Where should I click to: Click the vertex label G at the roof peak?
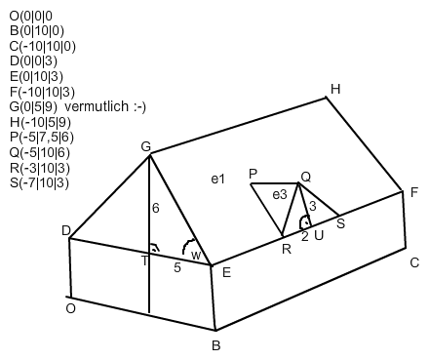[x=146, y=147]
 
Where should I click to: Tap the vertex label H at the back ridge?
[x=335, y=89]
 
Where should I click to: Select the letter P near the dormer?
[x=253, y=175]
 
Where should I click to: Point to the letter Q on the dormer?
[x=306, y=178]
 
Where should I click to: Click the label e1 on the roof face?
[x=217, y=179]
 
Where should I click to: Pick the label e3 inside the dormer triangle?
[x=280, y=195]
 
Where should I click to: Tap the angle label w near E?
[x=196, y=256]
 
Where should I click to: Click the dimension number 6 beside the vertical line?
[x=156, y=208]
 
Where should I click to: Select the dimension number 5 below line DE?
[x=177, y=267]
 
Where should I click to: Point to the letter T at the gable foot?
[x=144, y=260]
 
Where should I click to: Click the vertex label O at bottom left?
[x=70, y=308]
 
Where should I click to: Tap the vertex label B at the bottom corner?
[x=216, y=345]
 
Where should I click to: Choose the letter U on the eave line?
[x=319, y=235]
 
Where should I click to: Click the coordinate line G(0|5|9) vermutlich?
[x=78, y=106]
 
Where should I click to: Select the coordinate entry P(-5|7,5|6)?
[x=42, y=138]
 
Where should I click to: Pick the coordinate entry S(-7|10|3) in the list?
[x=39, y=183]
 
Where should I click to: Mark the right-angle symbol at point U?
[x=305, y=222]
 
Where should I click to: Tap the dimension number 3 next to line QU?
[x=313, y=206]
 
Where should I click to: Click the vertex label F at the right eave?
[x=414, y=192]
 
